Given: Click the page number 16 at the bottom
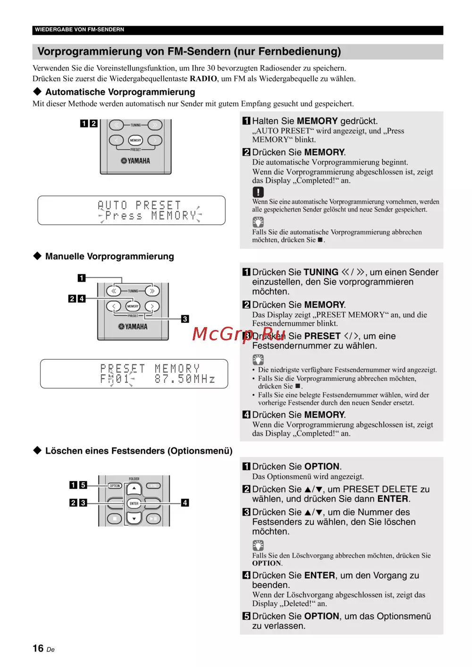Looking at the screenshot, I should (x=38, y=648).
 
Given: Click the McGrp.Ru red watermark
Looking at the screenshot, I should (x=239, y=334).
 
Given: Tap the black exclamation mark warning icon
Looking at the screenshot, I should (x=258, y=192).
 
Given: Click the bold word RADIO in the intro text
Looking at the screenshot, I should (x=203, y=79).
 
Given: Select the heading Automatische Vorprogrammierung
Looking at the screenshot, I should (x=120, y=92).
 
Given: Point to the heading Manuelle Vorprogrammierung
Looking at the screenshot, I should (x=110, y=256).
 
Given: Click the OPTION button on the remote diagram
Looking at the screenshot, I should (x=115, y=486).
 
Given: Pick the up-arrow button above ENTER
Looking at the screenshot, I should (x=134, y=489).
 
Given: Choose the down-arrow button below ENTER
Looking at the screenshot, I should (x=134, y=518).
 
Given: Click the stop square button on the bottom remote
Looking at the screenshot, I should (x=115, y=518).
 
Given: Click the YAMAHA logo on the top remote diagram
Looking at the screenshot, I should (x=135, y=161).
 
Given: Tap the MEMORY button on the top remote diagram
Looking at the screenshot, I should (x=135, y=140).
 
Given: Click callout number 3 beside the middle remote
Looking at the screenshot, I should (x=185, y=319).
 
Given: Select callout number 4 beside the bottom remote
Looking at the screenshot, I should (x=185, y=503).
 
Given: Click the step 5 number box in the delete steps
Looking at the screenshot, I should (x=246, y=616).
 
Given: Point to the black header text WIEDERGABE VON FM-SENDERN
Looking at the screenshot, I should (x=79, y=30).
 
